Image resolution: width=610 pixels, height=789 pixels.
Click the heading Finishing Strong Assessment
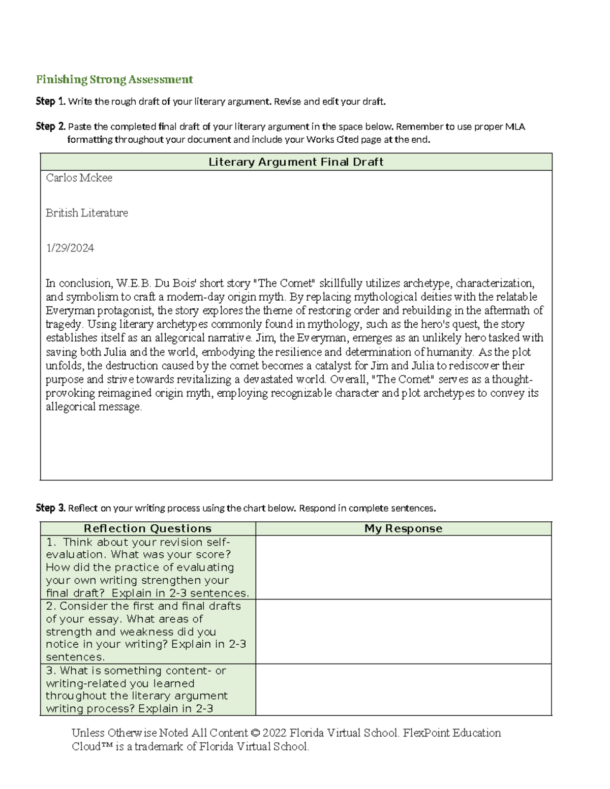click(114, 79)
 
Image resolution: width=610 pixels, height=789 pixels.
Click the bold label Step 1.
click(50, 101)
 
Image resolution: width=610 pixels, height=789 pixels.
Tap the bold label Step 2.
click(50, 126)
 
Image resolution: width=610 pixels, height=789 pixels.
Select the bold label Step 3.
click(50, 508)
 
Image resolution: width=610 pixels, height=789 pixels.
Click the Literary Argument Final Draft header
click(296, 162)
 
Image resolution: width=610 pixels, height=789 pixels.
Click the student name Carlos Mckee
click(79, 178)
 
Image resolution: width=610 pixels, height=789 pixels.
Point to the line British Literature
click(86, 213)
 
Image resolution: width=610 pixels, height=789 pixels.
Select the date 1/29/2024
click(70, 248)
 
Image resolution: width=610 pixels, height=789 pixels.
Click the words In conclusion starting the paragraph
click(78, 283)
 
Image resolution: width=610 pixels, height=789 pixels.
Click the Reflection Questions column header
click(147, 528)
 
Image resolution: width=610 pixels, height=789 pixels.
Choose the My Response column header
click(403, 528)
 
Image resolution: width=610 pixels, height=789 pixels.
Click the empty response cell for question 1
click(403, 567)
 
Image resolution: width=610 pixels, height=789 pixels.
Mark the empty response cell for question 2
click(403, 631)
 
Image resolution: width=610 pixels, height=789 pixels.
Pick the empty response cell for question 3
click(403, 689)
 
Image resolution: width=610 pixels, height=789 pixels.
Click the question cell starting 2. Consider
click(147, 631)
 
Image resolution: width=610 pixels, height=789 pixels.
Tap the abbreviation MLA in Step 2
click(515, 126)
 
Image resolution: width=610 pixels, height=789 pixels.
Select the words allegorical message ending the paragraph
click(94, 406)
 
